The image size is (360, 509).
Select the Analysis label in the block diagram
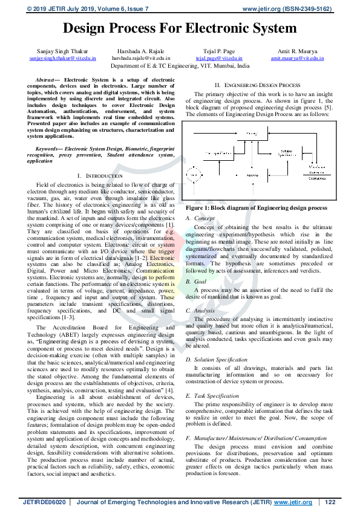pos(252,175)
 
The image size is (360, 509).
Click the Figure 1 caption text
pos(257,207)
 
